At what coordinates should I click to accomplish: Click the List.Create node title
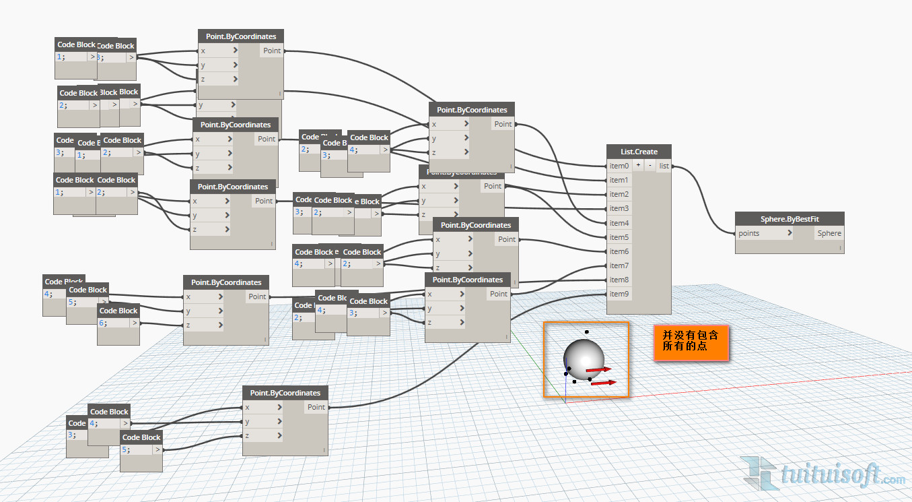click(x=639, y=152)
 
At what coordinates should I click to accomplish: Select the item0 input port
click(x=619, y=166)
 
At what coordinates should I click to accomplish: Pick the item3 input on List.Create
click(x=619, y=208)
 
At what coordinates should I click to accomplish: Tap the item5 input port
click(x=619, y=237)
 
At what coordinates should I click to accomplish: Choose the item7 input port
click(x=619, y=265)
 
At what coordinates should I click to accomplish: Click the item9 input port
click(x=619, y=294)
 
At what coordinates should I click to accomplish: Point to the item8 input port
click(x=619, y=280)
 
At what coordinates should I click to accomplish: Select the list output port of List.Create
click(x=664, y=166)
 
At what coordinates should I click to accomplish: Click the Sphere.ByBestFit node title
click(x=790, y=219)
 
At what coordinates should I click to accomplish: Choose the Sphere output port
click(x=829, y=233)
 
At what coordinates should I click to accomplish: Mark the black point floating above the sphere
click(x=587, y=332)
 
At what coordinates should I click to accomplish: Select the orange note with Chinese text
click(x=691, y=343)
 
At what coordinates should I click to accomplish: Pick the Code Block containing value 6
click(x=118, y=323)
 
